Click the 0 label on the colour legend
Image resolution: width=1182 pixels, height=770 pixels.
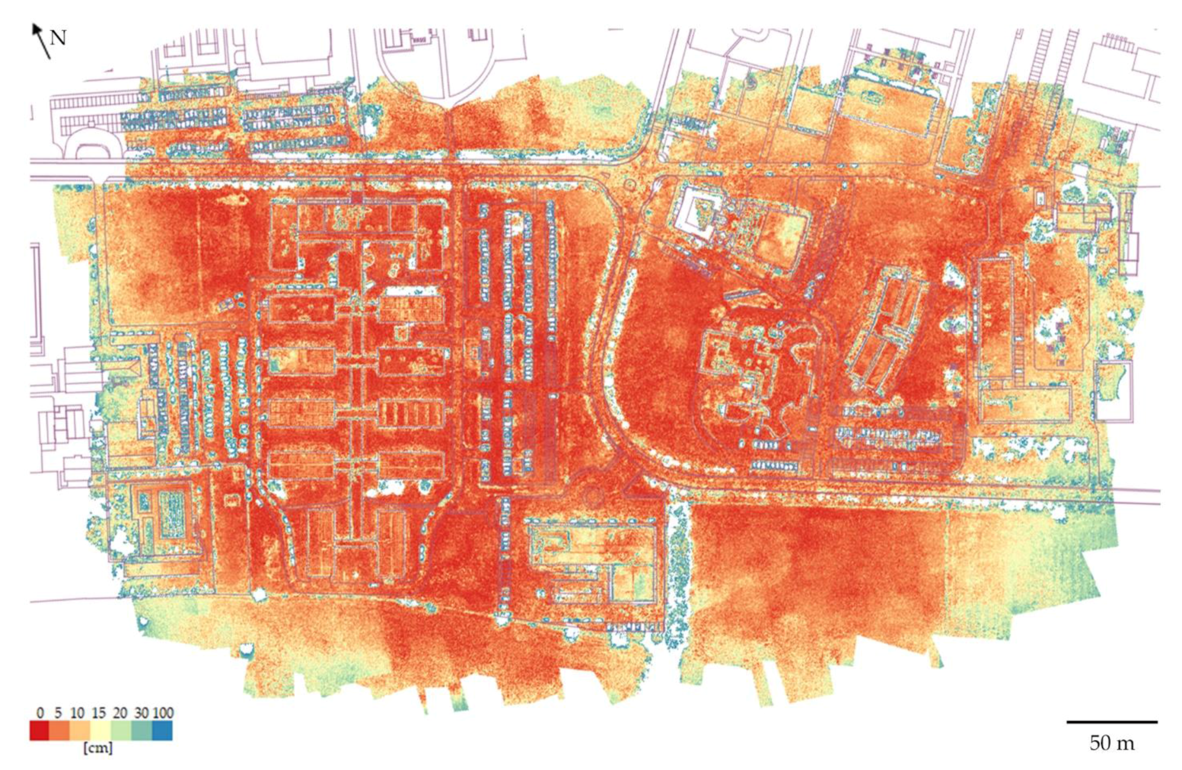click(40, 713)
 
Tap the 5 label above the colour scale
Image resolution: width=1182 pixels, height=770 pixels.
click(58, 713)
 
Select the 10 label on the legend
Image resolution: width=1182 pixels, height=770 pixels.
click(77, 713)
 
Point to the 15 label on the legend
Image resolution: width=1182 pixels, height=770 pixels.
click(98, 713)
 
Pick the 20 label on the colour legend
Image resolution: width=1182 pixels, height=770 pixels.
click(120, 713)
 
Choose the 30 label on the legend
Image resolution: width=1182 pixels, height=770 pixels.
click(141, 713)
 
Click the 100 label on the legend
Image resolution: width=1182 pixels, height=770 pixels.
click(163, 713)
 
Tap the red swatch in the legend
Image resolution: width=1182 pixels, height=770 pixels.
click(39, 731)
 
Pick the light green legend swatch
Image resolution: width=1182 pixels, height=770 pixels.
click(121, 731)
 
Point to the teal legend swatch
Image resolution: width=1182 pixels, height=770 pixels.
click(141, 731)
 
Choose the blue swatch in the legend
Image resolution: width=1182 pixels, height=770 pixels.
click(162, 731)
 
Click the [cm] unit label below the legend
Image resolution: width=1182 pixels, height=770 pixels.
click(98, 749)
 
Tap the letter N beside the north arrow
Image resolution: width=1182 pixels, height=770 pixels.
click(58, 38)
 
